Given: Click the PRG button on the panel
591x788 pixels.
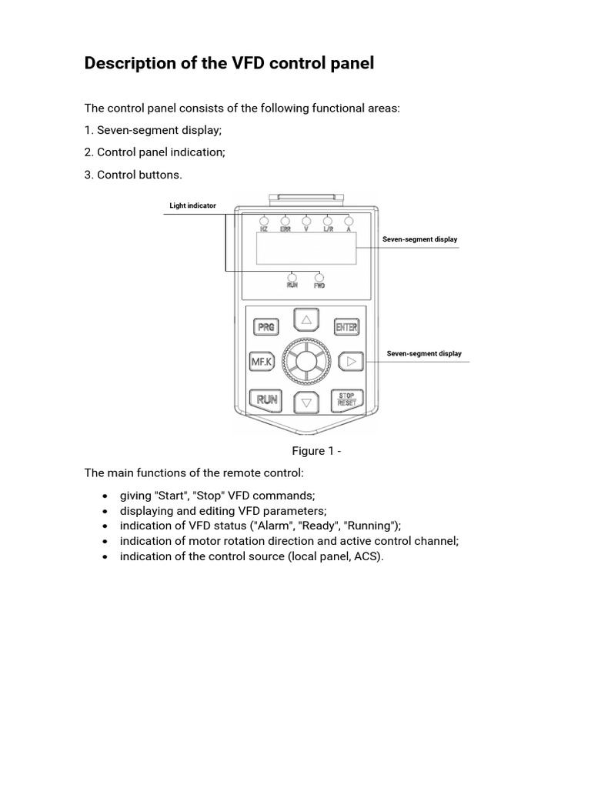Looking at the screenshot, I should pyautogui.click(x=266, y=327).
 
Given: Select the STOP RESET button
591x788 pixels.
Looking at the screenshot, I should pyautogui.click(x=346, y=399).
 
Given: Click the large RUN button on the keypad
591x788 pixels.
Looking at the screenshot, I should pyautogui.click(x=266, y=399).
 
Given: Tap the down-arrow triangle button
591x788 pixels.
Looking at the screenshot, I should pyautogui.click(x=306, y=402).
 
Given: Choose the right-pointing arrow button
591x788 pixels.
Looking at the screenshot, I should pyautogui.click(x=350, y=360).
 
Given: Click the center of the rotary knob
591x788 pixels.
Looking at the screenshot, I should pyautogui.click(x=306, y=360).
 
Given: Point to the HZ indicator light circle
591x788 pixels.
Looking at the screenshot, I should pyautogui.click(x=264, y=220).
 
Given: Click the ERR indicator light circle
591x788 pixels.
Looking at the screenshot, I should pyautogui.click(x=285, y=220).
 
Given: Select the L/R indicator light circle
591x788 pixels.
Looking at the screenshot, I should pyautogui.click(x=328, y=220).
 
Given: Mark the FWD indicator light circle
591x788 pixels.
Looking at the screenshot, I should pyautogui.click(x=319, y=277).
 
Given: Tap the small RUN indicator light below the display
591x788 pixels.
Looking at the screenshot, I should pyautogui.click(x=292, y=276).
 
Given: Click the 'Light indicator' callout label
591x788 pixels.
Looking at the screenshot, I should pyautogui.click(x=192, y=205).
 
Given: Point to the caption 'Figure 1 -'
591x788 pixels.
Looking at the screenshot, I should pyautogui.click(x=316, y=451).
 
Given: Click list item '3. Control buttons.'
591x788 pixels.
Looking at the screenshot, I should pyautogui.click(x=133, y=175).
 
